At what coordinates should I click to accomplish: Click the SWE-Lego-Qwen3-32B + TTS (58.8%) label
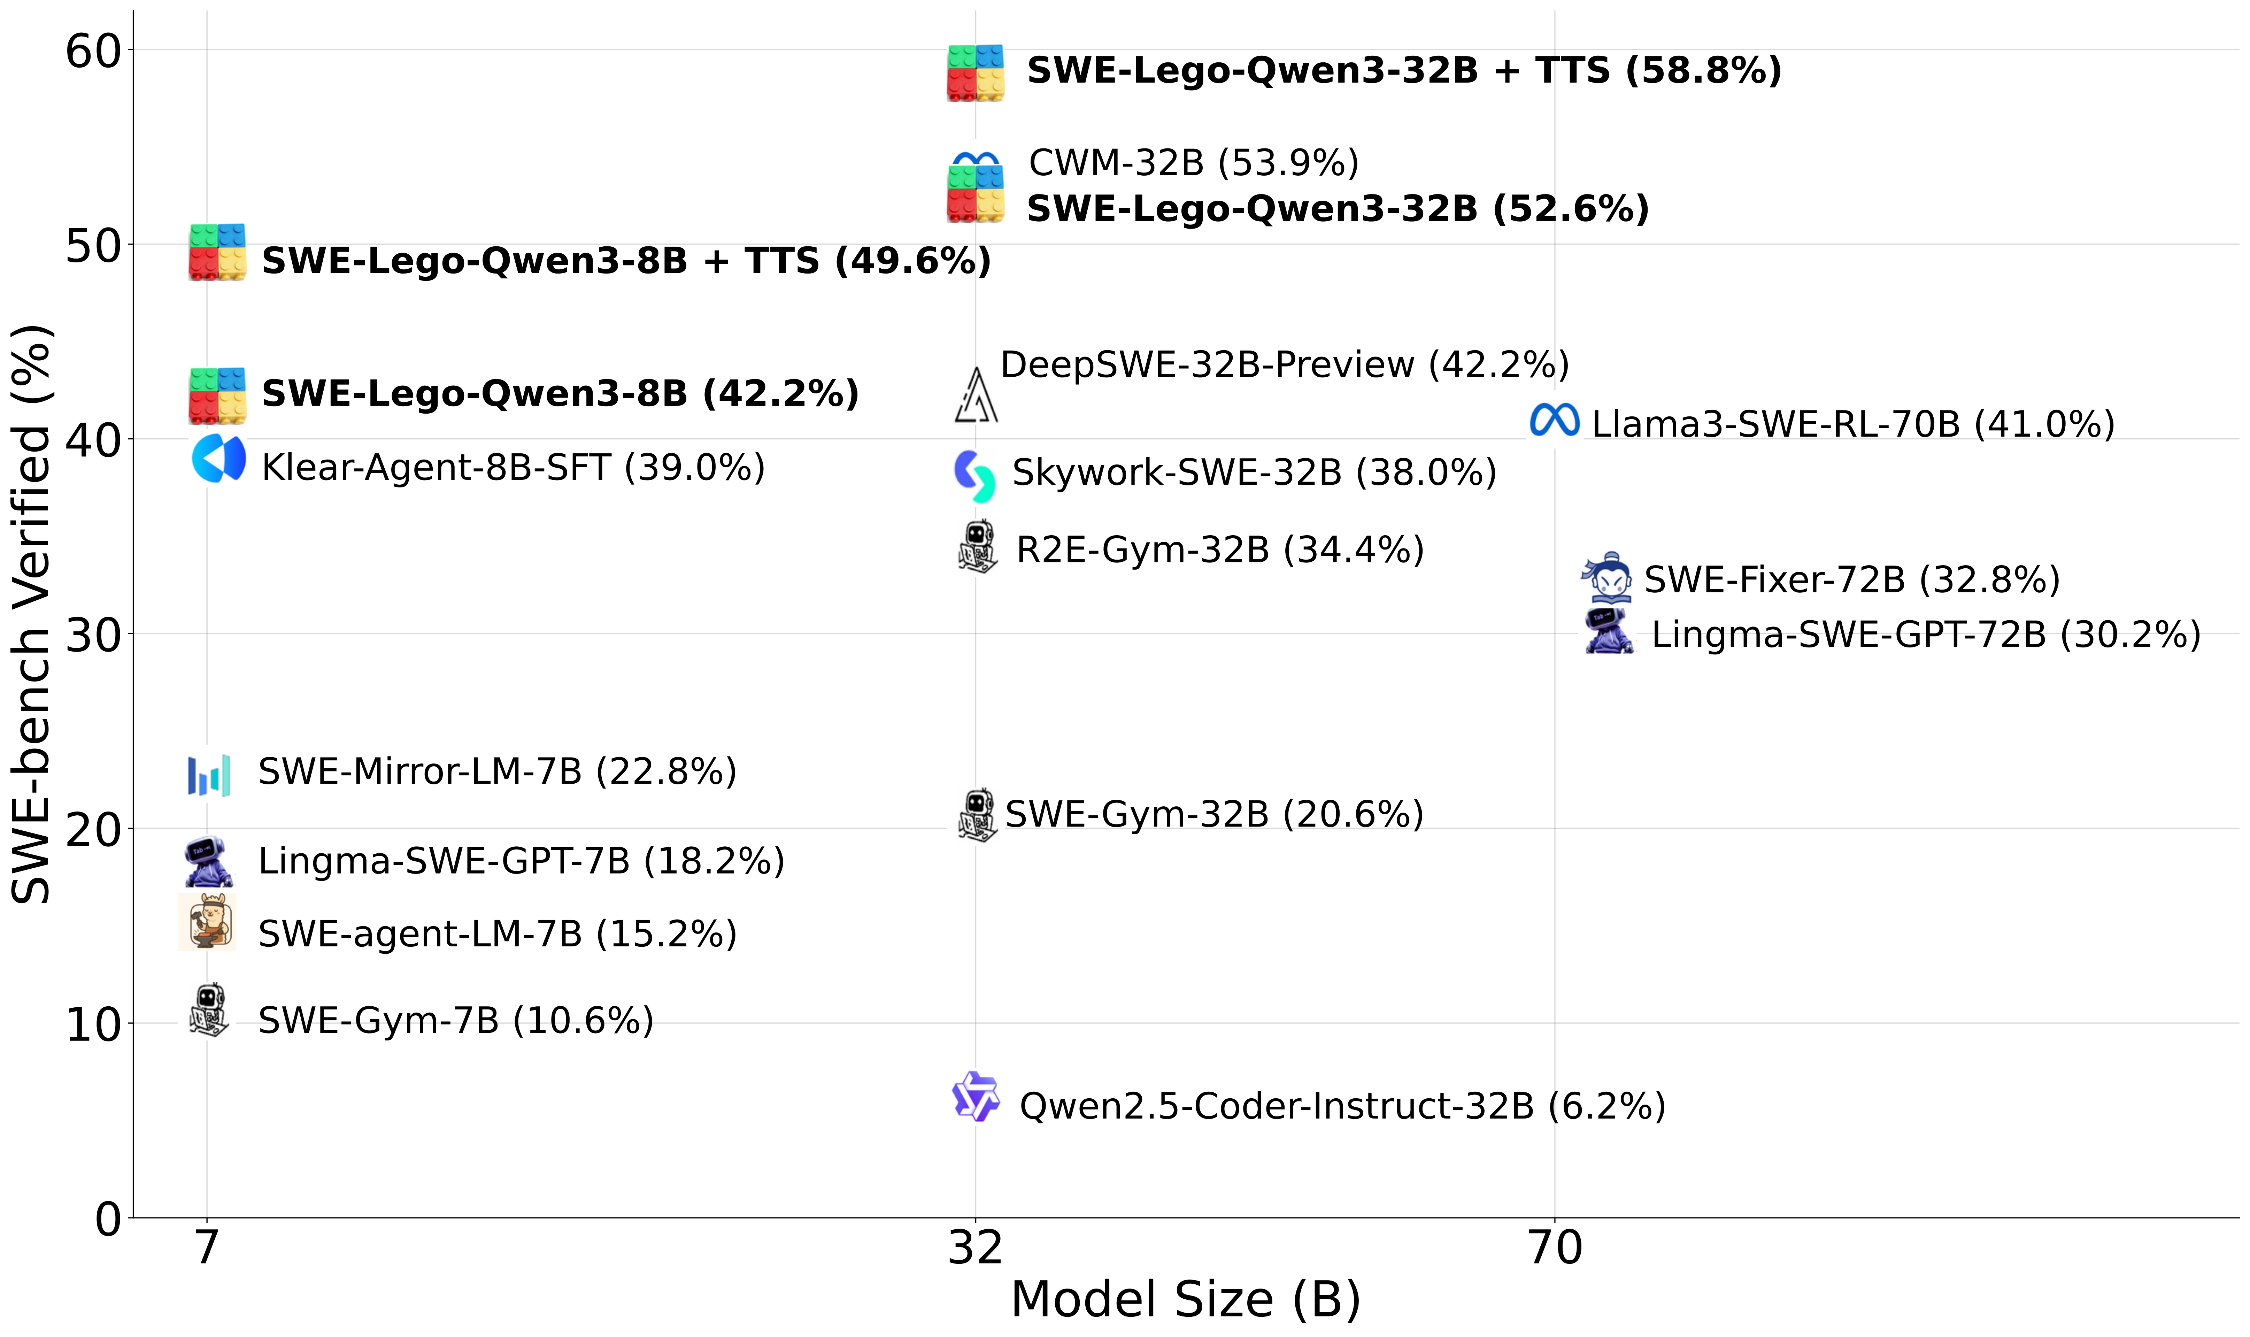pyautogui.click(x=1403, y=70)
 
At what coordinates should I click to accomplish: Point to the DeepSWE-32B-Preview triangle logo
pyautogui.click(x=976, y=394)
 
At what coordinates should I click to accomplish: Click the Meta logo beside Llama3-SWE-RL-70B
pyautogui.click(x=1554, y=420)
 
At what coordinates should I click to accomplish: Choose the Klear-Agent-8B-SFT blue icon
pyautogui.click(x=218, y=459)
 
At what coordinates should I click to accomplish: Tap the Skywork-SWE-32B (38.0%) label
pyautogui.click(x=1254, y=472)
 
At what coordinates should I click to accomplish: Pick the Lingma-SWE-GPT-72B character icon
pyautogui.click(x=1609, y=631)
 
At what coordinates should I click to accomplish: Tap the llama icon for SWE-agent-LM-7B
pyautogui.click(x=207, y=922)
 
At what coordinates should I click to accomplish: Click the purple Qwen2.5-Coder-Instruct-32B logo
pyautogui.click(x=976, y=1097)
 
